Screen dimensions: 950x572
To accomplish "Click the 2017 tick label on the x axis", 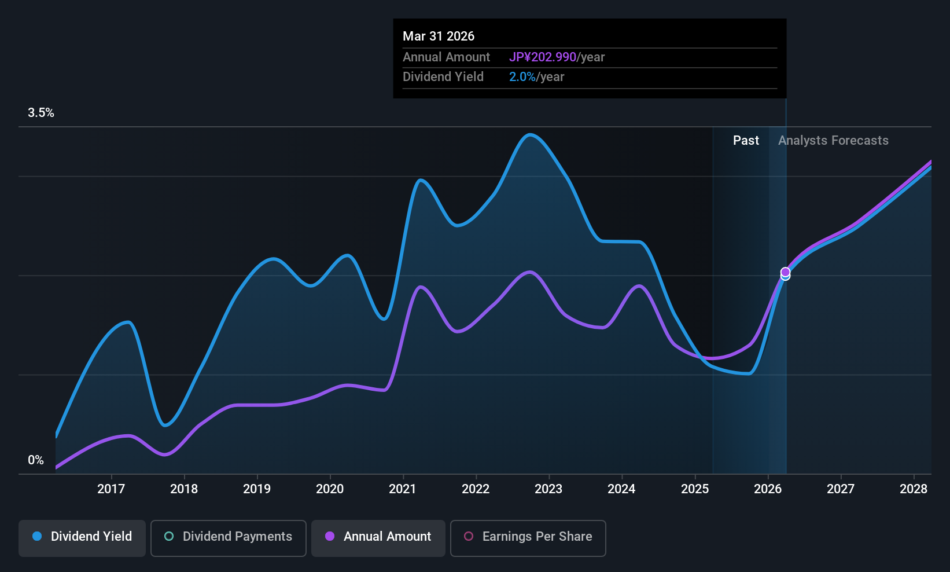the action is (x=111, y=489).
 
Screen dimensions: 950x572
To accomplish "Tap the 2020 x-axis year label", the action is (x=330, y=489).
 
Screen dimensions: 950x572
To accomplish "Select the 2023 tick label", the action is (x=549, y=489).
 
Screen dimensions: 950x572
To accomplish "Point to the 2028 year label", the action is (x=914, y=489).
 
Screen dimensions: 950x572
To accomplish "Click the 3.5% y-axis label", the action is (x=41, y=113).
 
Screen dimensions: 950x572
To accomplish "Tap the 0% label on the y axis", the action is (x=36, y=460).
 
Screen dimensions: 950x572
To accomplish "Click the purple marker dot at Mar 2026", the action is (x=786, y=272).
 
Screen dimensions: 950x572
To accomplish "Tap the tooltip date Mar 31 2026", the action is (x=439, y=36).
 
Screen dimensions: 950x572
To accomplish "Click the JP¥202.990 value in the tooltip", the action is (x=543, y=57).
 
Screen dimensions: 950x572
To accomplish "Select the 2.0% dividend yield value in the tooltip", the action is (x=522, y=77).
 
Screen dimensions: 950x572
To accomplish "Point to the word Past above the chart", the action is (x=746, y=141).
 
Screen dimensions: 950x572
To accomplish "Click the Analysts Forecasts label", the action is (x=833, y=141).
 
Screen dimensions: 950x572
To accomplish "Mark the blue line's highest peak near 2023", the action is (x=530, y=135).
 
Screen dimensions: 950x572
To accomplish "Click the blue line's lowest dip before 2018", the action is (x=165, y=425).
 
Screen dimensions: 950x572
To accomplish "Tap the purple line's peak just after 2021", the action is (x=420, y=287).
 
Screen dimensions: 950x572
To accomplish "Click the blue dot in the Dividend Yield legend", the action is (x=38, y=536).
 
